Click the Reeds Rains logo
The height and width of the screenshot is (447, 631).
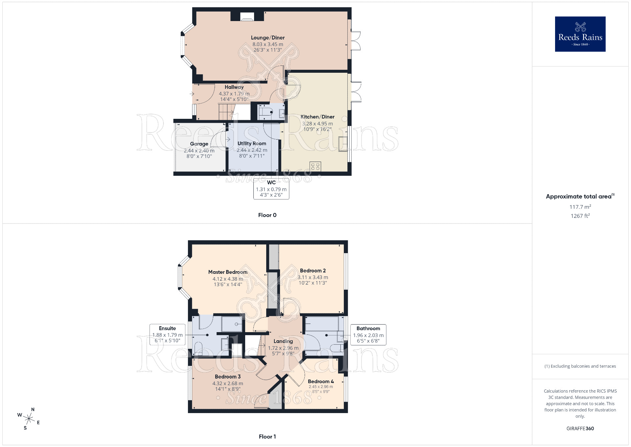point(580,34)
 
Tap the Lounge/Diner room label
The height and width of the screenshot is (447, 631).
point(268,38)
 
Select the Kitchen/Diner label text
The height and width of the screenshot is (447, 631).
point(317,117)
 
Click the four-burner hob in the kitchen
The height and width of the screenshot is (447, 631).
point(315,166)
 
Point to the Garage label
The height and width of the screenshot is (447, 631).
point(199,144)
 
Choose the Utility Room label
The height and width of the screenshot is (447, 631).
point(252,144)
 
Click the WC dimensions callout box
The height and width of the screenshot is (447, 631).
point(271,189)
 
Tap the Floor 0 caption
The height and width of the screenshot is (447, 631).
point(267,215)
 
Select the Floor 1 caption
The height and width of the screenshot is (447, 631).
point(267,436)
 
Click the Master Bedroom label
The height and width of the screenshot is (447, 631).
point(228,272)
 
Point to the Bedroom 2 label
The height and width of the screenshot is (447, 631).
point(313,271)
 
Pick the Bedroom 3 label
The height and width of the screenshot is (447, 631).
point(227,377)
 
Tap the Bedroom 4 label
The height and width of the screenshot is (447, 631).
point(320,381)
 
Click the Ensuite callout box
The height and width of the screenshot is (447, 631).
point(167,334)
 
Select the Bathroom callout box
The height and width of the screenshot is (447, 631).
point(368,334)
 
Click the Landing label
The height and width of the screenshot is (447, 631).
point(283,341)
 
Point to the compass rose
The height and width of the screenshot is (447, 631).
point(29,419)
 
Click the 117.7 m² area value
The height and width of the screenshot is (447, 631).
point(580,207)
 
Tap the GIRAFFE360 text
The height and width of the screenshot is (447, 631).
point(580,428)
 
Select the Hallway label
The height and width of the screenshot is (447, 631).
point(234,87)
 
